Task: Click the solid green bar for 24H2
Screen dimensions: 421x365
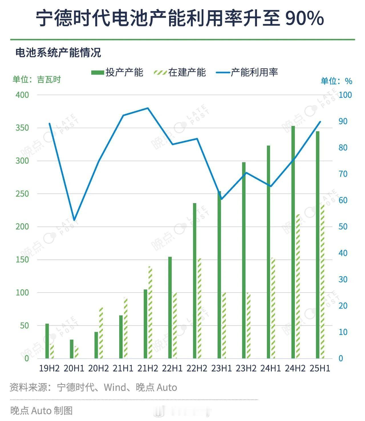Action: click(293, 242)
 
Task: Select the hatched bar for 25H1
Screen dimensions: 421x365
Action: click(323, 281)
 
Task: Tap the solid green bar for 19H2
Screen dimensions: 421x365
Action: click(47, 341)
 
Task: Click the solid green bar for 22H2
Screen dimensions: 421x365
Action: click(195, 281)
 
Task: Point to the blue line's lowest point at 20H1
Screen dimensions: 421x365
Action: click(74, 220)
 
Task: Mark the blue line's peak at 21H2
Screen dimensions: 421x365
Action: click(148, 108)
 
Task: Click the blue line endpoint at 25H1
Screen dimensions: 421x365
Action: click(320, 122)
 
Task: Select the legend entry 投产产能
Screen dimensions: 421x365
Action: click(117, 72)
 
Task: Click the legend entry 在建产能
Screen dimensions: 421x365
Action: click(180, 72)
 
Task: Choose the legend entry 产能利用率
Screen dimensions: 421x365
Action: click(247, 72)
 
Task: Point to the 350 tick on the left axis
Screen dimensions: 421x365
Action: click(22, 128)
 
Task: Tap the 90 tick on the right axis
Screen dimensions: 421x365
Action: click(343, 121)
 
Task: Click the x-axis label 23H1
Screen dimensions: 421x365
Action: click(221, 368)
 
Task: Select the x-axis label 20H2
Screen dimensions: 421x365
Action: click(98, 368)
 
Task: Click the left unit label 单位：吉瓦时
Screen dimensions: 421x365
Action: click(36, 79)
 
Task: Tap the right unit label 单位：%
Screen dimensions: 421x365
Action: click(336, 81)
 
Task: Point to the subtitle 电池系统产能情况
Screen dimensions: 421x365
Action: click(58, 53)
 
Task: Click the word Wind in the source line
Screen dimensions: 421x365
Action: click(115, 387)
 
